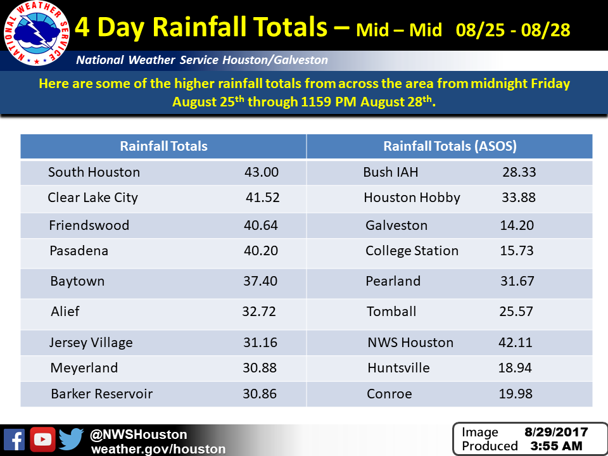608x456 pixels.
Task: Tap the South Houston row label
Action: click(94, 172)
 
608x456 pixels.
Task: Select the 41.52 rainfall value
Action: click(262, 198)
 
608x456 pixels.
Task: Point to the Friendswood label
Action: click(89, 225)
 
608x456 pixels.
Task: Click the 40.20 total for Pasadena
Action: click(260, 251)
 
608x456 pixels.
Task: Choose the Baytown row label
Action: click(77, 281)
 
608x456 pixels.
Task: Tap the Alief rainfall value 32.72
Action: click(259, 312)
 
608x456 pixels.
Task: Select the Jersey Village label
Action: click(91, 343)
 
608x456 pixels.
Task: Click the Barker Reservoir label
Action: click(101, 393)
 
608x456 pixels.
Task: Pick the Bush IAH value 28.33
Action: click(517, 172)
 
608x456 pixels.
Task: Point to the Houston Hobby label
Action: click(412, 198)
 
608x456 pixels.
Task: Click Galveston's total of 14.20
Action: click(517, 225)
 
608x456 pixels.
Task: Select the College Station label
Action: click(412, 251)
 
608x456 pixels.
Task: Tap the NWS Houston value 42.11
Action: click(515, 343)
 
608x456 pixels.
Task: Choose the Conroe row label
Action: click(389, 394)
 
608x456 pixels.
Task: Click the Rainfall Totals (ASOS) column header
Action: click(450, 146)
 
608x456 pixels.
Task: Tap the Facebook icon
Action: click(14, 440)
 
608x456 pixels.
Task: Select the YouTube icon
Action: click(42, 440)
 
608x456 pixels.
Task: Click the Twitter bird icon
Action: click(72, 439)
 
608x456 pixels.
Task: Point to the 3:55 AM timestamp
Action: click(555, 446)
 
